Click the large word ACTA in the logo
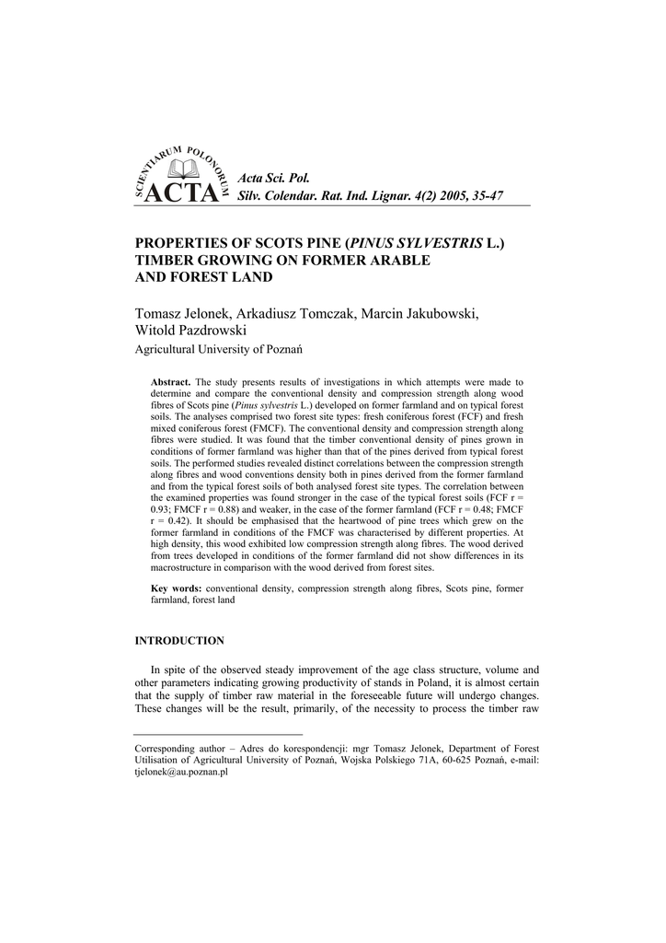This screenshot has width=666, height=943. pos(183,194)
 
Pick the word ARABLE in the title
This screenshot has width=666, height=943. pos(398,260)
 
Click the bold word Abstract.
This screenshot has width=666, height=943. pos(170,381)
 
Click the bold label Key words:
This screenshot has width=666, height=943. pos(176,588)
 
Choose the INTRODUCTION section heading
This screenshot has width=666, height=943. pos(179,640)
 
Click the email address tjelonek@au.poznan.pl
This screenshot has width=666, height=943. pos(181,773)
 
